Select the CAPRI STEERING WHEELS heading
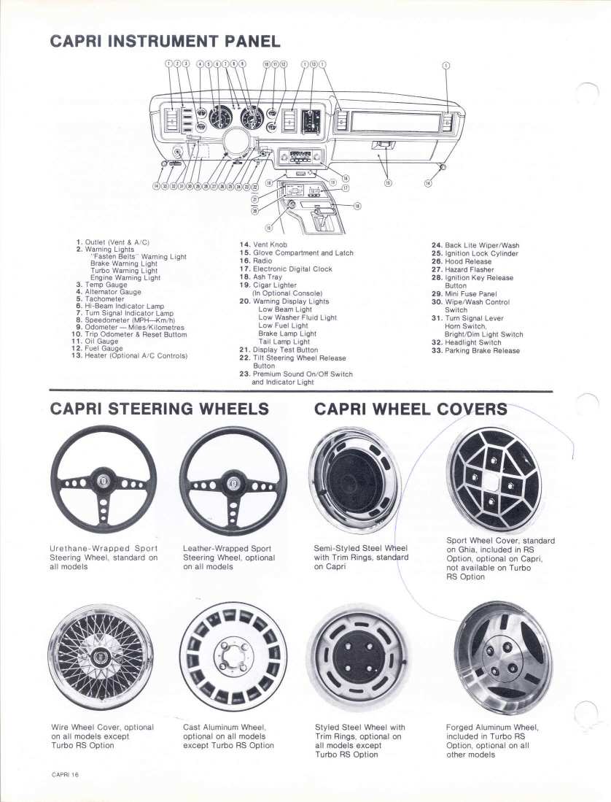pyautogui.click(x=159, y=409)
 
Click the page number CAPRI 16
pyautogui.click(x=65, y=774)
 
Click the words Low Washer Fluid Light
pyautogui.click(x=297, y=318)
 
